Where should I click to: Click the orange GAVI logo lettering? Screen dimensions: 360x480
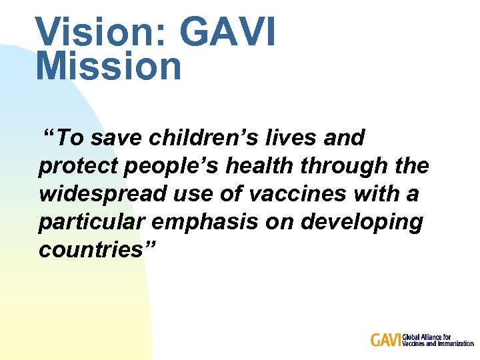click(386, 340)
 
